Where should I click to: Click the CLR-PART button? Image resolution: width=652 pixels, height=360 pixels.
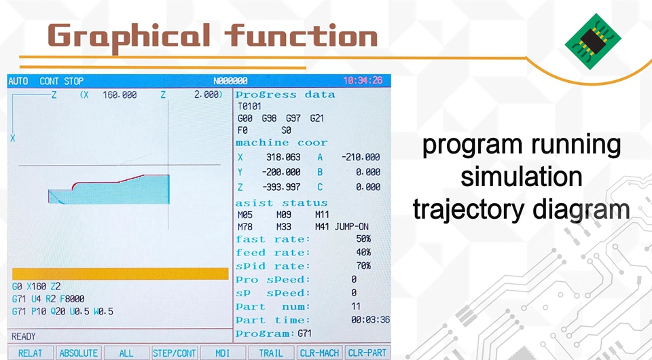367,353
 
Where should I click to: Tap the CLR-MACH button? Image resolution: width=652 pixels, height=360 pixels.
319,353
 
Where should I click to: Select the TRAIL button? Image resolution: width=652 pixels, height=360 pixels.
271,353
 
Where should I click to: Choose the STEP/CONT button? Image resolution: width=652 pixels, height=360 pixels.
175,353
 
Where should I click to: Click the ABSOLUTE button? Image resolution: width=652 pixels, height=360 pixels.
78,353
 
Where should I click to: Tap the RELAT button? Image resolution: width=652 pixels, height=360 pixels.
31,353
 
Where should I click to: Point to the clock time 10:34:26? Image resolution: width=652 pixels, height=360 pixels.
363,81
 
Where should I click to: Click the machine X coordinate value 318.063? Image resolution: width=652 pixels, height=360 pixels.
283,157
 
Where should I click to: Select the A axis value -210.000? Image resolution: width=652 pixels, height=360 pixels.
361,157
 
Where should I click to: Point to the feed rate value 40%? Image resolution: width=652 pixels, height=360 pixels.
363,252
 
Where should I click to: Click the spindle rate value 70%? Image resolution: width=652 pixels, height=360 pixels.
363,266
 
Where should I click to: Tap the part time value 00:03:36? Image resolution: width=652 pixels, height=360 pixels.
371,320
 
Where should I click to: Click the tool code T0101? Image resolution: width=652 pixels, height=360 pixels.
249,107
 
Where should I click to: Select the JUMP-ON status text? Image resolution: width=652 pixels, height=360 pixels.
352,227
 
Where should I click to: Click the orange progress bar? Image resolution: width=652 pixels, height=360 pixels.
120,274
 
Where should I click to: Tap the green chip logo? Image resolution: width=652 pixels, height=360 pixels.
593,41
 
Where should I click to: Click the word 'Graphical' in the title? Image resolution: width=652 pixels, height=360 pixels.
129,37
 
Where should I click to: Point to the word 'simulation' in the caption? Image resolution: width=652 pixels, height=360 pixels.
522,176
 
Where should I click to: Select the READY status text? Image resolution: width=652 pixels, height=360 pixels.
24,336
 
